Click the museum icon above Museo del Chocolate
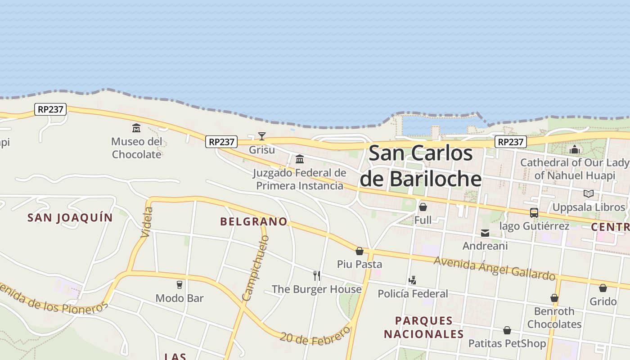tap(136, 128)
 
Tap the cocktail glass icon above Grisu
tap(261, 136)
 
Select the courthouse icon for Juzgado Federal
tap(300, 159)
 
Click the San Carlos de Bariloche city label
tap(421, 166)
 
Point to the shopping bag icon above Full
tap(423, 207)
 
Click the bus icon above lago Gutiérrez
tap(534, 213)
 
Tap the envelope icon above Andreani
tap(485, 233)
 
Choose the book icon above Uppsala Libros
tap(589, 194)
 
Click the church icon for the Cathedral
tap(575, 149)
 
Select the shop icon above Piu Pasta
tap(360, 251)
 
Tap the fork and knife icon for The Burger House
tap(317, 275)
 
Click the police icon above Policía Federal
tap(412, 280)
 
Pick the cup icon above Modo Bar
tap(180, 285)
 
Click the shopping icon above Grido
tap(603, 288)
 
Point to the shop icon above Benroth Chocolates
tap(554, 298)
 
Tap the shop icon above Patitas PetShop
tap(507, 330)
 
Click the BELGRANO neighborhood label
tap(254, 221)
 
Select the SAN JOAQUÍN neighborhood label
tap(70, 218)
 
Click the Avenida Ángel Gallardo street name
tap(494, 268)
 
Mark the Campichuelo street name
tap(255, 268)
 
